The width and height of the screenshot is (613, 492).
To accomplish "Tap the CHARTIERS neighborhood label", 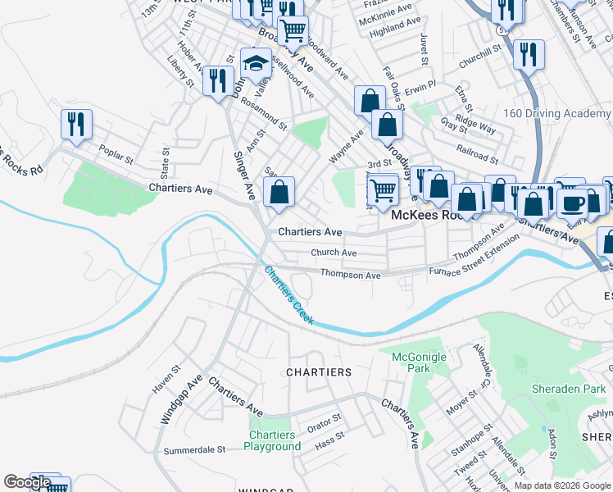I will point(319,372).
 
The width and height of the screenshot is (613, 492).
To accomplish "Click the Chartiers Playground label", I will point(272,440).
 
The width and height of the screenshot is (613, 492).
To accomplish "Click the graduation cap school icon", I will point(257,63).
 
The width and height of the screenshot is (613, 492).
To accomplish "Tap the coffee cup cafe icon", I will point(573,201).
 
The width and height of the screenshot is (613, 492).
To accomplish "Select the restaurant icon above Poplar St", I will point(76,124).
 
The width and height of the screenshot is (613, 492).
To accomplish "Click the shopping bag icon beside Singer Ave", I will point(279,193).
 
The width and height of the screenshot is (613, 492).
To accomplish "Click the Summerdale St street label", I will point(194,450).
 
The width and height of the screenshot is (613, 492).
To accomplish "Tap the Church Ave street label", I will point(334,253).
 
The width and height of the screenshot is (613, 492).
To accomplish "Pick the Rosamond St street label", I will point(264,116).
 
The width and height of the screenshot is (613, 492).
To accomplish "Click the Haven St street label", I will point(164,378).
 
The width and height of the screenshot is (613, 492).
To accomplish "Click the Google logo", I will point(27,482).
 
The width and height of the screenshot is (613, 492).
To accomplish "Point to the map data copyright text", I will point(562,485).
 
